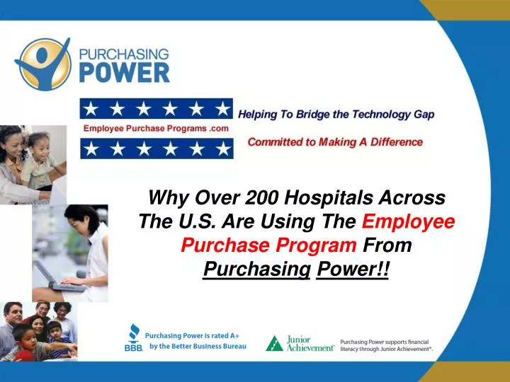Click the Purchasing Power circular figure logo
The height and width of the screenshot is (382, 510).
coord(43,63)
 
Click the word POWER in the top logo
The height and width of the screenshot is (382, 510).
coord(124,72)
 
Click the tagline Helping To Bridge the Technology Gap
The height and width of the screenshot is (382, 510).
coord(336,114)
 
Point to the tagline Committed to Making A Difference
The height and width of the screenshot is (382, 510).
coord(334,142)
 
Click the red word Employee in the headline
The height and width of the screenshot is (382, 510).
coord(408,221)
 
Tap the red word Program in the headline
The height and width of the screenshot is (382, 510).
coord(322,245)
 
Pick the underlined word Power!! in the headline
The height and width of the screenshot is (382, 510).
coord(353,270)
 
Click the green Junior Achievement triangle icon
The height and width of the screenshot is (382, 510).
coord(274,343)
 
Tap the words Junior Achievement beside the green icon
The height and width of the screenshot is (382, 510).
coord(310,344)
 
